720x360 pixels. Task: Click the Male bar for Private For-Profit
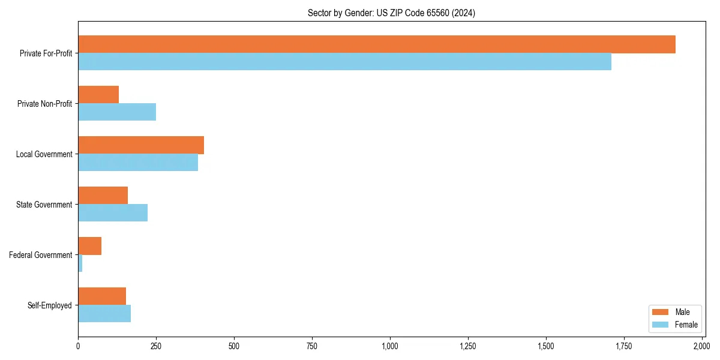(x=377, y=44)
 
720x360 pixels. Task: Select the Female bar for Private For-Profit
(x=344, y=62)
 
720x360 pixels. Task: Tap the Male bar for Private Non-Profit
(x=98, y=95)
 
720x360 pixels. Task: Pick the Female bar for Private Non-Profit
(x=117, y=112)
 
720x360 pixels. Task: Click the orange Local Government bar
(x=141, y=145)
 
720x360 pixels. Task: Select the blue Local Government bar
(x=138, y=163)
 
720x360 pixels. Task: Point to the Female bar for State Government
(x=113, y=213)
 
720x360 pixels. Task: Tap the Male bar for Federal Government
(x=90, y=246)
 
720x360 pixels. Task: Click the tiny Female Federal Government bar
(x=80, y=263)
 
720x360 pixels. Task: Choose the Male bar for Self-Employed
(x=102, y=296)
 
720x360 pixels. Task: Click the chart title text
(x=391, y=13)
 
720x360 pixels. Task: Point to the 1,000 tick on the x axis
(x=390, y=346)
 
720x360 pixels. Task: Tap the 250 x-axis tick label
(x=156, y=346)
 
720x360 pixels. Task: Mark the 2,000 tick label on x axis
(x=701, y=346)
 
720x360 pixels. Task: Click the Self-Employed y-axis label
(x=50, y=305)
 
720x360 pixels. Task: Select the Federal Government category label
(x=41, y=255)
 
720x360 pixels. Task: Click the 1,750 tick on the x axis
(x=623, y=346)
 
